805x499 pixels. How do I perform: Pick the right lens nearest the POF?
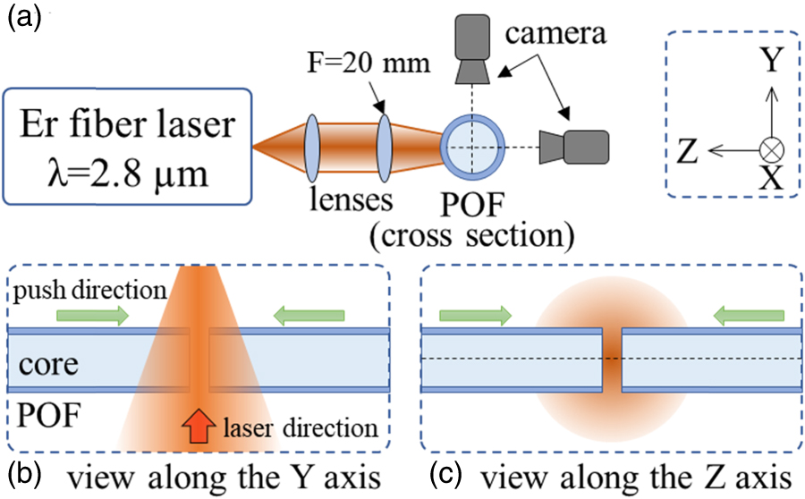click(383, 145)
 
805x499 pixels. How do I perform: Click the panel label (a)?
click(22, 18)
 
